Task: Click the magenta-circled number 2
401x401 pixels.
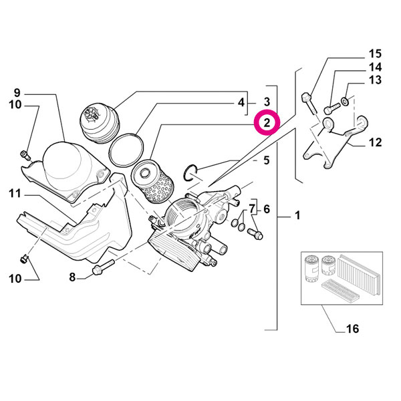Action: tap(267, 123)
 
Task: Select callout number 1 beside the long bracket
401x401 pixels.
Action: tap(297, 217)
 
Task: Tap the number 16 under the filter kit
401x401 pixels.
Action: tap(352, 328)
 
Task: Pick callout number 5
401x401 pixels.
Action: tap(266, 160)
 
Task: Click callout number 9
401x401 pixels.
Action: tap(17, 92)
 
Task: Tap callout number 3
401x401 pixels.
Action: tap(266, 102)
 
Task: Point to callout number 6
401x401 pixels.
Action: tap(266, 209)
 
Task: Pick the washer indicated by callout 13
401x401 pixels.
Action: tap(344, 101)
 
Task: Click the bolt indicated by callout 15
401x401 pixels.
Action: tap(307, 102)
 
